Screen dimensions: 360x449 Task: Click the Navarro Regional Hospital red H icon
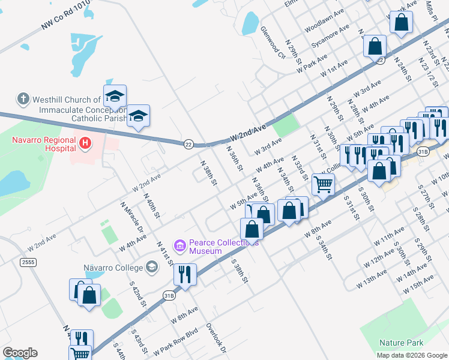coord(86,143)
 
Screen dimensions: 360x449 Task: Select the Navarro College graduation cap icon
coord(152,267)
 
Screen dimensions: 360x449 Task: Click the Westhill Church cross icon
coord(23,99)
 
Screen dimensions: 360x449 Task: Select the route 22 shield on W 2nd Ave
coord(188,144)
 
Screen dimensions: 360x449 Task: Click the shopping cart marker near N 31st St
coord(323,185)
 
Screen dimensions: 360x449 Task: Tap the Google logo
coord(20,353)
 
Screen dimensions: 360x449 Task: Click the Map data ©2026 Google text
coord(411,355)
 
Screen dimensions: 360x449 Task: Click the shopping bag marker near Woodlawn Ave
coord(402,23)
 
